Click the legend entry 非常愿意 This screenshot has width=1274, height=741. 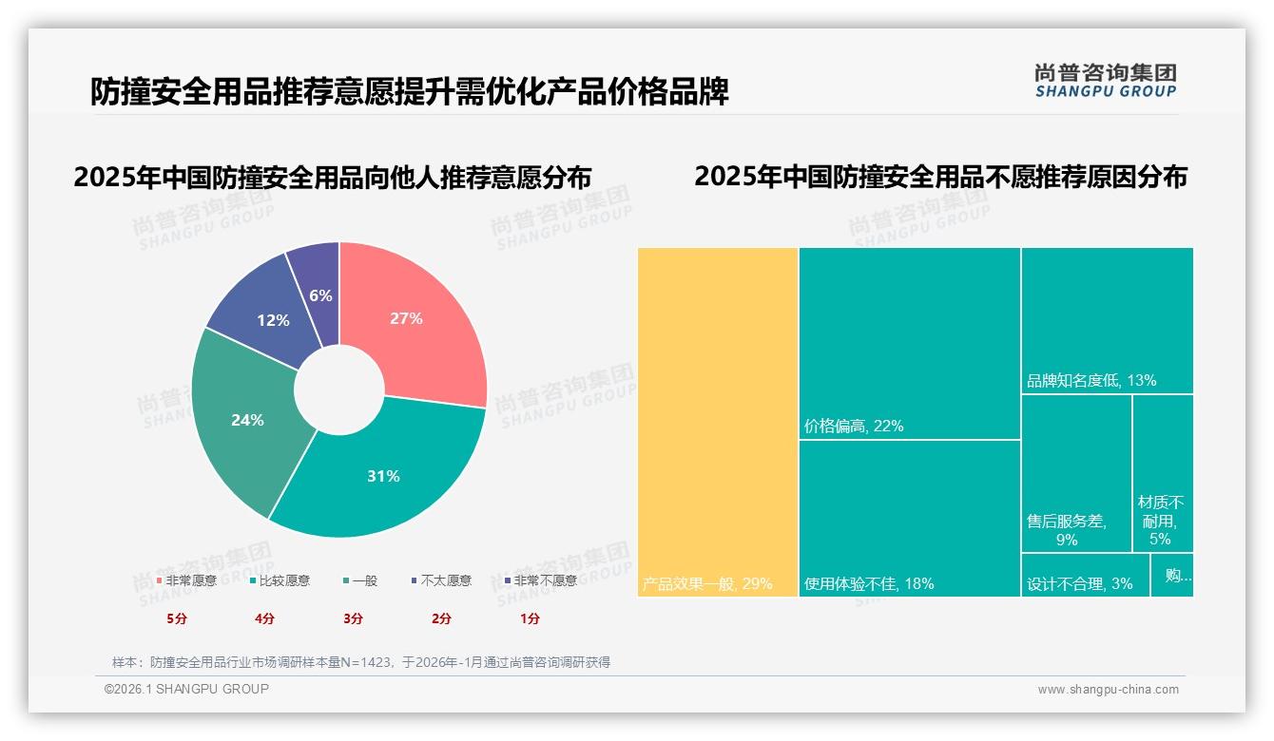pyautogui.click(x=186, y=580)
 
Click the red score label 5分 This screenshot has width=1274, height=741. pyautogui.click(x=176, y=618)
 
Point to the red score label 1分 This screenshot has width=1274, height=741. pyautogui.click(x=530, y=618)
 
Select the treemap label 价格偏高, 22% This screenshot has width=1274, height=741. pyautogui.click(x=854, y=427)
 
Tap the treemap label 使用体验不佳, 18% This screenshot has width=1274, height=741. pyautogui.click(x=869, y=583)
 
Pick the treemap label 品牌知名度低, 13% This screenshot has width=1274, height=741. pyautogui.click(x=1091, y=381)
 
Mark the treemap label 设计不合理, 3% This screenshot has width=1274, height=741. pyautogui.click(x=1080, y=583)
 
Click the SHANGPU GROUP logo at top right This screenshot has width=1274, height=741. pyautogui.click(x=1105, y=81)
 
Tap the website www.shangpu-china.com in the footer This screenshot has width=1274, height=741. pyautogui.click(x=1108, y=690)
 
